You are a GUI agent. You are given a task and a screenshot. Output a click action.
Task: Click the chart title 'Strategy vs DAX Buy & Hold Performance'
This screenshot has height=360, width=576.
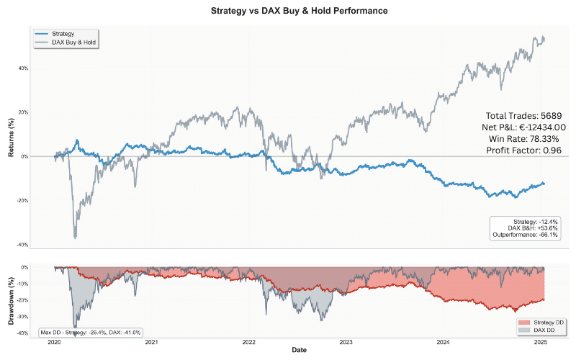288,12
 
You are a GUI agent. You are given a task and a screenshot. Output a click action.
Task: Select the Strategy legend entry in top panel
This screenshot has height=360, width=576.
64,34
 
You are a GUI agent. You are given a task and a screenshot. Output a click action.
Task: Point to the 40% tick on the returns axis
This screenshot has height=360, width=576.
44,68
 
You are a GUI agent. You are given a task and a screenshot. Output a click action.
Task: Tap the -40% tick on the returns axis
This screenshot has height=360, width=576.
43,245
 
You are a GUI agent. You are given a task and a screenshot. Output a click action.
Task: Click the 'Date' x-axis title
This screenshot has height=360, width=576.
299,349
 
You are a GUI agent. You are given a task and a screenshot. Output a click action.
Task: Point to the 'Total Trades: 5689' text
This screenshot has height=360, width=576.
524,115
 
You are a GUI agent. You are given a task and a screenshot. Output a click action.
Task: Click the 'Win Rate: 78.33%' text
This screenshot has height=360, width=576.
528,138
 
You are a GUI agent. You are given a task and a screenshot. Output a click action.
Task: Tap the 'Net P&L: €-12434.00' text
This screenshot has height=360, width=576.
524,127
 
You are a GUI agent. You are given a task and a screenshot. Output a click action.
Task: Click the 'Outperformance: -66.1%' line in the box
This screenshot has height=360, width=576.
525,235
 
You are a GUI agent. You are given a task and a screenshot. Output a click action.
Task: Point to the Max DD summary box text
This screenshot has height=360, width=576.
90,332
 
